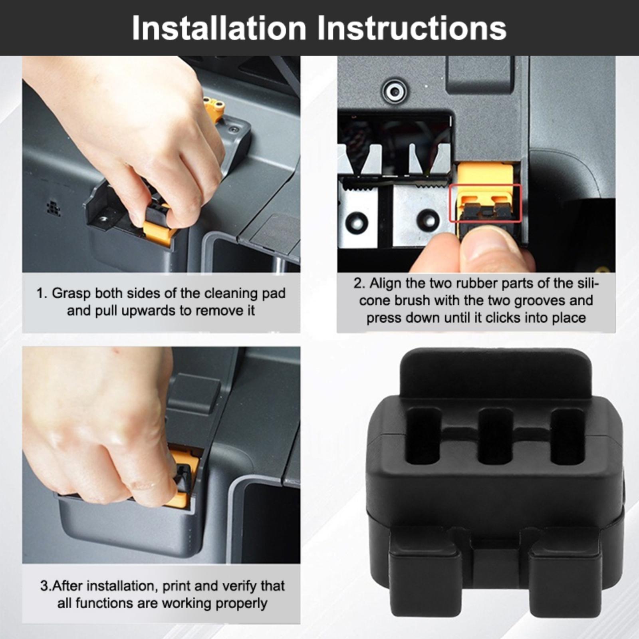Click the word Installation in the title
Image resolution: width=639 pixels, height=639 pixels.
219,28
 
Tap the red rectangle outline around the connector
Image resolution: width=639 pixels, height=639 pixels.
486,203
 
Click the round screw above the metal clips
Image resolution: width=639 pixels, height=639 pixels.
395,91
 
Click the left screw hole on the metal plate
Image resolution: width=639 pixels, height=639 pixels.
356,221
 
